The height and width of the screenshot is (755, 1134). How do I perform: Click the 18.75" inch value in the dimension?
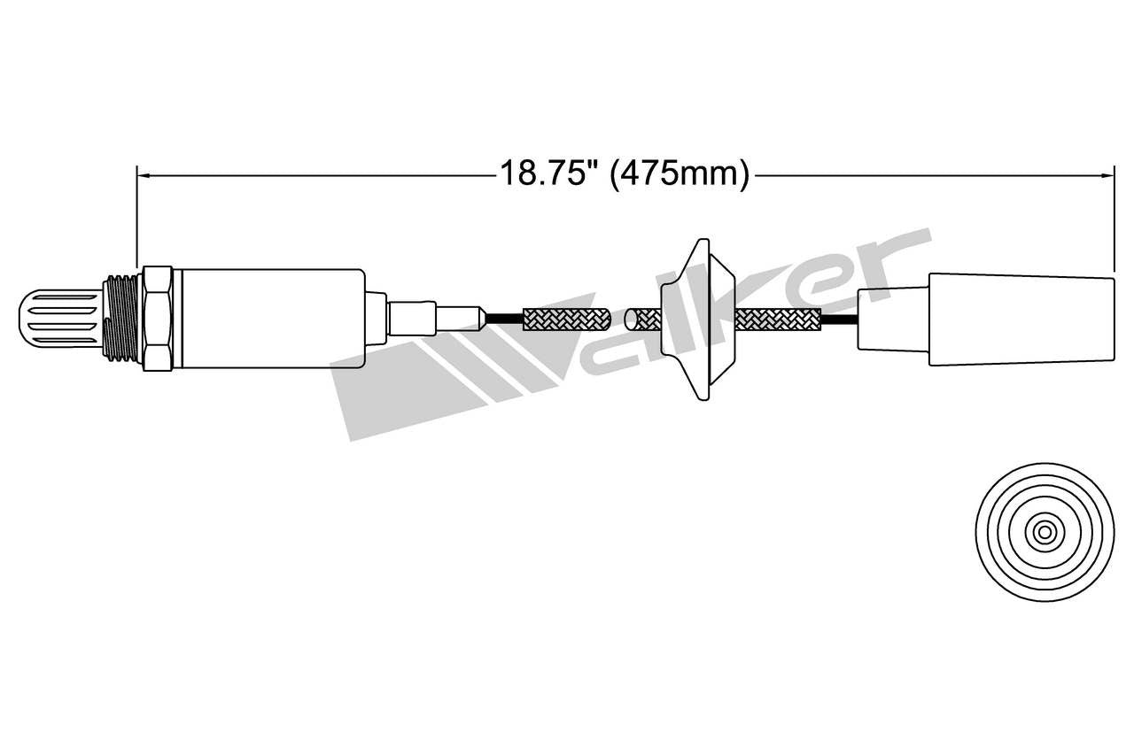tap(545, 173)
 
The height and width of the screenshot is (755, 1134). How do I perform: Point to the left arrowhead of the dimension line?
tap(141, 175)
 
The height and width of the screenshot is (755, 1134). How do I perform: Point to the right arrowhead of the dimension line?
tap(1109, 175)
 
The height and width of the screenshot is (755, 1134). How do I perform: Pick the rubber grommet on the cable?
tap(700, 319)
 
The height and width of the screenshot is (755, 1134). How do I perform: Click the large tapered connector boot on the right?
tap(1019, 319)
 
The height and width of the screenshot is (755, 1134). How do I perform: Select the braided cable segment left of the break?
tap(567, 319)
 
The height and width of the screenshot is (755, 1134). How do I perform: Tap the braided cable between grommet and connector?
tap(777, 319)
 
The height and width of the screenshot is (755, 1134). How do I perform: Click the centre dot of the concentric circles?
tap(1045, 532)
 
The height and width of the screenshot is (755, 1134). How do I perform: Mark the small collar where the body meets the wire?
tap(376, 319)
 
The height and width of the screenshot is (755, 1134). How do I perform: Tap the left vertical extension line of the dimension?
tap(136, 221)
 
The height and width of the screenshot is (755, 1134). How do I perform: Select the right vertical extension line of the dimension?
tap(1114, 221)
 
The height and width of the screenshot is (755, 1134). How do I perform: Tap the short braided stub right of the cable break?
tap(643, 319)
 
